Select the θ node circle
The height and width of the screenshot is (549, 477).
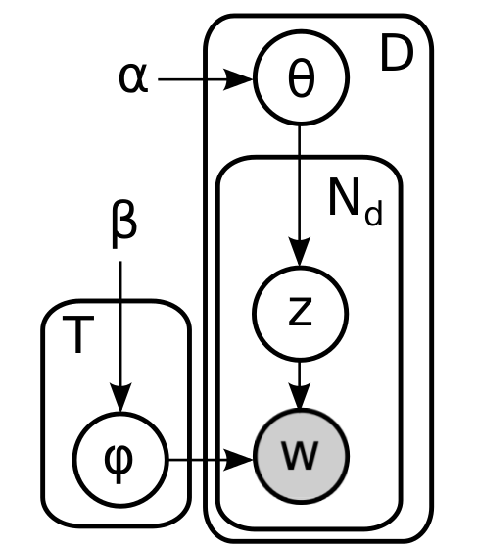(x=302, y=79)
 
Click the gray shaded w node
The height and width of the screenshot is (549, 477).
(x=302, y=456)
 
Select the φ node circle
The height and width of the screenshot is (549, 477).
(x=120, y=457)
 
